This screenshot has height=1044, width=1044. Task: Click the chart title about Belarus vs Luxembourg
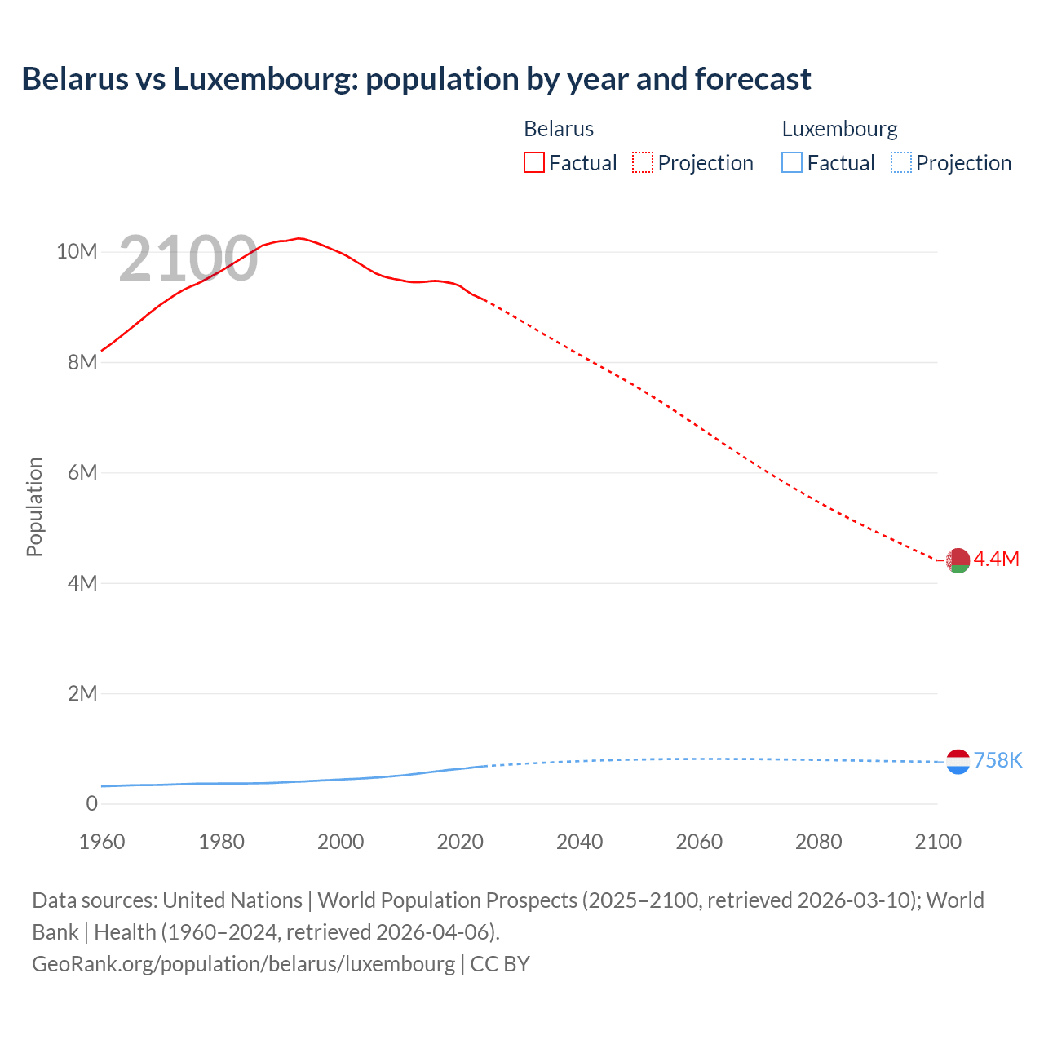point(416,79)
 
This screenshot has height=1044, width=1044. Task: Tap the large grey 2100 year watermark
point(188,259)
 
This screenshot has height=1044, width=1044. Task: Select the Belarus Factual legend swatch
point(533,162)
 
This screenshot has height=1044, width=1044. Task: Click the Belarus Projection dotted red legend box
point(643,162)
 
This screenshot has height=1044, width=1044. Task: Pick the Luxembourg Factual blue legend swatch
point(792,162)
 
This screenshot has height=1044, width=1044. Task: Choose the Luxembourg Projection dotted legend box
point(900,162)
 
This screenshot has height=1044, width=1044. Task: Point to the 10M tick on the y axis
point(77,251)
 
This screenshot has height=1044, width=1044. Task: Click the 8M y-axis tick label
point(82,362)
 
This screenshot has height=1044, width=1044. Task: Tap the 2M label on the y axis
point(82,693)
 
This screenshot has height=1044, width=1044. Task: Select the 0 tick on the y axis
point(91,803)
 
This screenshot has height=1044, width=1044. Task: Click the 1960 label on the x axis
point(102,842)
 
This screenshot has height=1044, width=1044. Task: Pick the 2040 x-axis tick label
point(580,842)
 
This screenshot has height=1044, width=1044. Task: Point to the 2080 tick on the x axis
point(819,842)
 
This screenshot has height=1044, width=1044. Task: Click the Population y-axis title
point(34,507)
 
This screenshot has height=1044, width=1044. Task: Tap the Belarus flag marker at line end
point(958,560)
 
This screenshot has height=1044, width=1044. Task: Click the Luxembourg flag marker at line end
point(958,761)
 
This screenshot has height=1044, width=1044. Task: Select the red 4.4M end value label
point(997,559)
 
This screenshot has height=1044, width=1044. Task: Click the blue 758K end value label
point(998,760)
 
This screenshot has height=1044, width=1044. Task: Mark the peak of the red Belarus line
point(299,238)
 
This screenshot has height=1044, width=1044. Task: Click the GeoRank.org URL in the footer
point(243,963)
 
